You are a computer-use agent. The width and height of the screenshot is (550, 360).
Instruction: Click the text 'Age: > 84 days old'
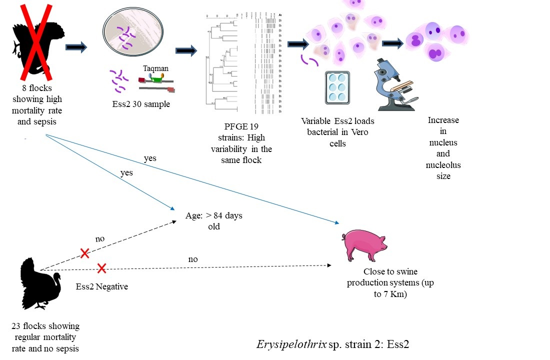tap(213, 221)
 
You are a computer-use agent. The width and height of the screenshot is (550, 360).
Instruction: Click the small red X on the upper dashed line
tap(85, 254)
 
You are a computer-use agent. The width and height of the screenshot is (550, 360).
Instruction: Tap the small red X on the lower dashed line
tap(101, 269)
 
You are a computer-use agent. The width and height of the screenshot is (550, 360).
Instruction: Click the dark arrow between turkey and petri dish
tap(76, 47)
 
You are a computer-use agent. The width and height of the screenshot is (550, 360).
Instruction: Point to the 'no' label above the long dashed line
tap(192, 259)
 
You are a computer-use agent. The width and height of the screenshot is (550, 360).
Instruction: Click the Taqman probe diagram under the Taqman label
tap(156, 83)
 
